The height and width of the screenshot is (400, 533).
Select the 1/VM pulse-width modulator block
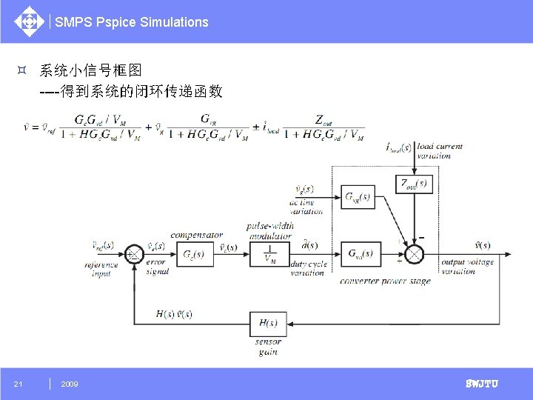tap(269, 253)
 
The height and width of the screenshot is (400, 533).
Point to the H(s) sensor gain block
tap(269, 324)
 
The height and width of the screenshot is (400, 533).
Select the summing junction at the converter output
tap(415, 253)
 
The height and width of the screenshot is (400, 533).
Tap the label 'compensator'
tap(196, 235)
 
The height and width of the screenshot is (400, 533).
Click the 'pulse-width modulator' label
tap(270, 230)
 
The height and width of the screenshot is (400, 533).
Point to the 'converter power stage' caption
tap(385, 281)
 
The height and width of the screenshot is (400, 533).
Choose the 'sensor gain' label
tap(268, 347)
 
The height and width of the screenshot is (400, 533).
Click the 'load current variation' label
tap(439, 151)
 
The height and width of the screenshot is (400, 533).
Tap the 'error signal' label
tap(157, 267)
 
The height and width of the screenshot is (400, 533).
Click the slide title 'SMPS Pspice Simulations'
tap(132, 22)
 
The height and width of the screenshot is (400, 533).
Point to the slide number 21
tap(19, 384)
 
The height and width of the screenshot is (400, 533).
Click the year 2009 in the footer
tap(70, 384)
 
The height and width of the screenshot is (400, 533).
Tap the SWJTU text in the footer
tap(481, 384)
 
